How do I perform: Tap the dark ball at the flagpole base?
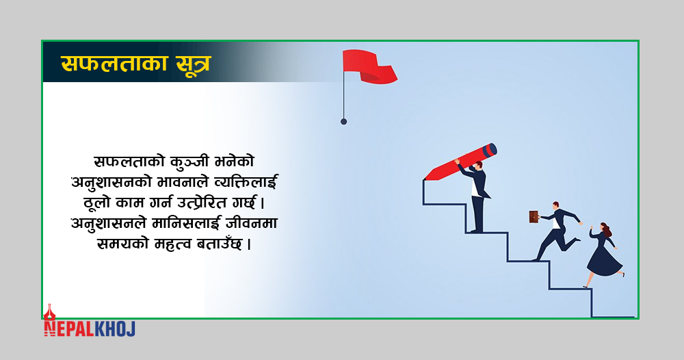344,122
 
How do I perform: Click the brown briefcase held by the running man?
534,217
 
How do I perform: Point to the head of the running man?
555,205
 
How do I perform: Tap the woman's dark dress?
604,257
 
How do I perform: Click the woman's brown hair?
606,229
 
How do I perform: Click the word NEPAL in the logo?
69,329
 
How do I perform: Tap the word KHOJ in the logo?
115,329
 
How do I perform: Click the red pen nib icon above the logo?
49,311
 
